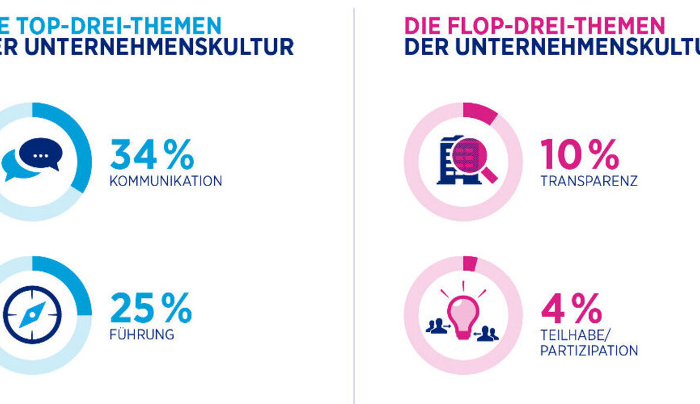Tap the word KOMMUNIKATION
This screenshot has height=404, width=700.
[x=166, y=181]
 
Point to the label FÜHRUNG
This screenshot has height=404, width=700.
[x=142, y=335]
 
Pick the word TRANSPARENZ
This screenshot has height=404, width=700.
[x=588, y=181]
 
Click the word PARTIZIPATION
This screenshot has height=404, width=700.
[x=588, y=351]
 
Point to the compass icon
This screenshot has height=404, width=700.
[x=32, y=315]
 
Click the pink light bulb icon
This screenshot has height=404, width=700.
[x=463, y=314]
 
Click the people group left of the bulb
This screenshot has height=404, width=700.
[x=437, y=326]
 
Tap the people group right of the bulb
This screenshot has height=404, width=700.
[x=488, y=333]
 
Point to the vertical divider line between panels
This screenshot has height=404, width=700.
[x=354, y=207]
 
